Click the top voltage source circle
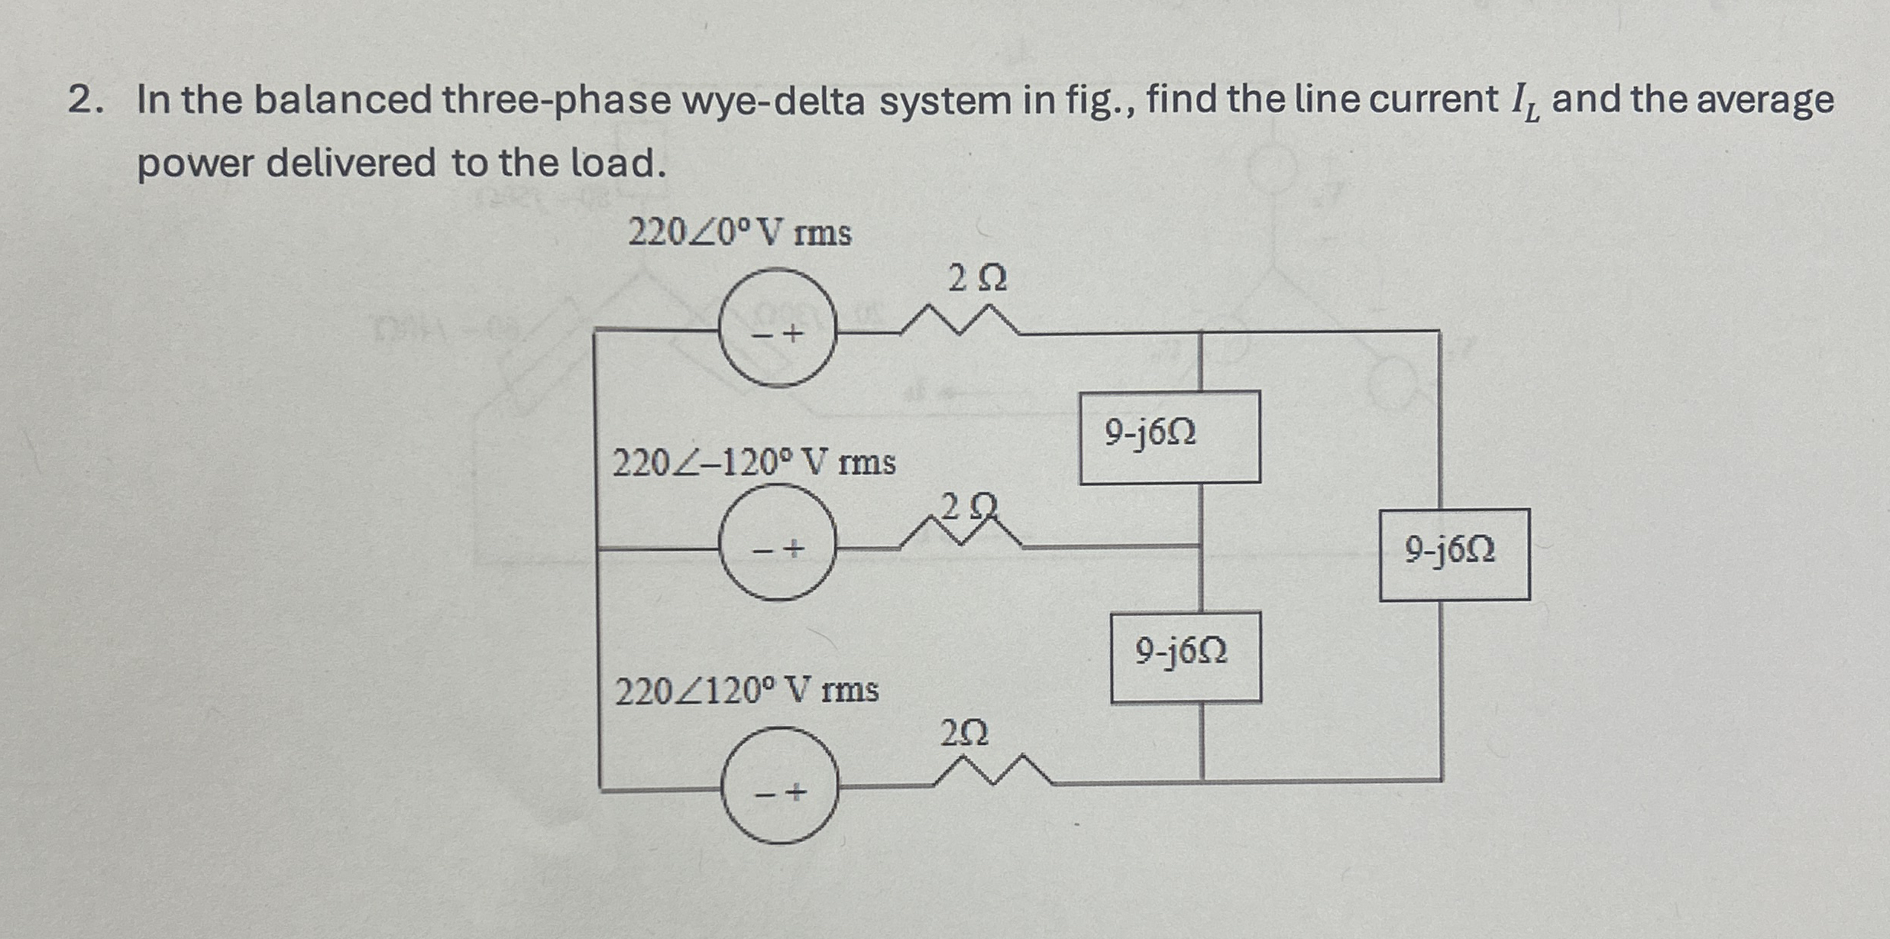pos(778,327)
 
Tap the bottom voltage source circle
pos(780,785)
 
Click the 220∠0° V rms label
pos(739,233)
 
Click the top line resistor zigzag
pos(959,321)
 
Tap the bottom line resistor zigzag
pos(993,772)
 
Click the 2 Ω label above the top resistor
pos(977,279)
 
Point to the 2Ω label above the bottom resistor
pos(964,733)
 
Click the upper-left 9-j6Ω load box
pos(1169,437)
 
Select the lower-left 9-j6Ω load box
pos(1185,656)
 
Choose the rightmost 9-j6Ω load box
pos(1454,554)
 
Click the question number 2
pos(79,100)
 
